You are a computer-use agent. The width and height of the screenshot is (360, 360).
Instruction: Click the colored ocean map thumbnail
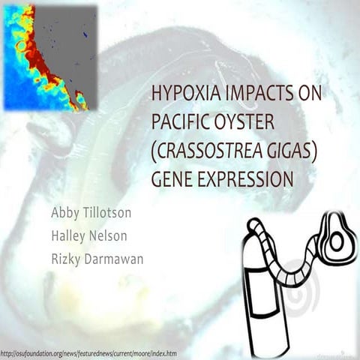[x=49, y=57]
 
